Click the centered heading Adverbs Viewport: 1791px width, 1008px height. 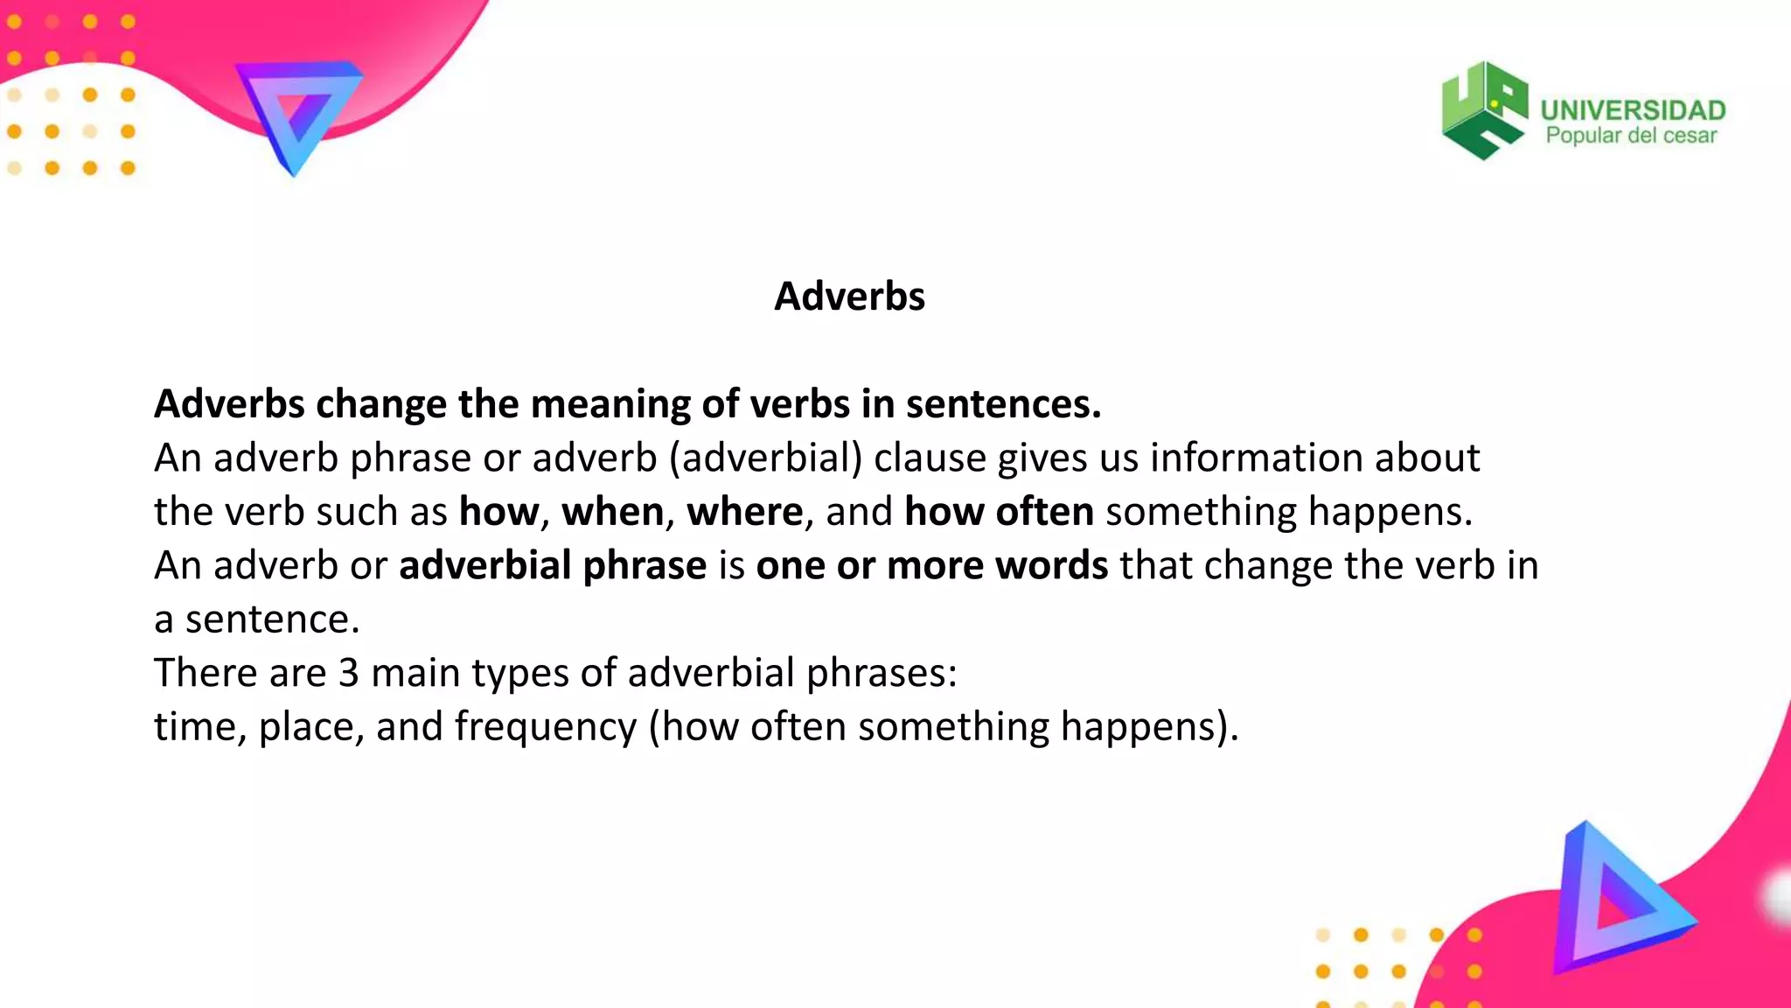pyautogui.click(x=849, y=297)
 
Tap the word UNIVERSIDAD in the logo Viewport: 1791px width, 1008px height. pyautogui.click(x=1633, y=110)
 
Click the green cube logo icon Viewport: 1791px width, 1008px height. pyautogui.click(x=1484, y=110)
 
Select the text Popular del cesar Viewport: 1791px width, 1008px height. pyautogui.click(x=1631, y=136)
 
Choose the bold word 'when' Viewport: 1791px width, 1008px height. pyautogui.click(x=612, y=512)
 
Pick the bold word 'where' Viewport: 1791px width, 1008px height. pyautogui.click(x=744, y=512)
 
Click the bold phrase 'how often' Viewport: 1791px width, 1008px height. pyautogui.click(x=999, y=512)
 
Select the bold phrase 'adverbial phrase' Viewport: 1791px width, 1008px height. pyautogui.click(x=553, y=565)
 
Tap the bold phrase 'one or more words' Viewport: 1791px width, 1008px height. pyautogui.click(x=932, y=565)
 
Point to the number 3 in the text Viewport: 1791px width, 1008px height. pyautogui.click(x=348, y=673)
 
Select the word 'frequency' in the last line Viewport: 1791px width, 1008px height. pyautogui.click(x=546, y=727)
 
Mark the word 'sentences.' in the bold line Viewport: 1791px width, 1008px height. pyautogui.click(x=1003, y=404)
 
